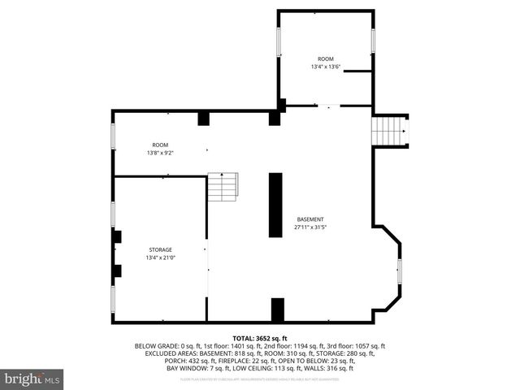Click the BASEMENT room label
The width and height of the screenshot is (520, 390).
click(310, 220)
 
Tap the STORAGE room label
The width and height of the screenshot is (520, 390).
click(160, 249)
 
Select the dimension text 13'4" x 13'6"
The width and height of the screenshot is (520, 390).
click(325, 67)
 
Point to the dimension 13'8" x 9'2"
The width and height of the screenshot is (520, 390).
click(160, 153)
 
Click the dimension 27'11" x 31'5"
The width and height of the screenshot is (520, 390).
click(310, 228)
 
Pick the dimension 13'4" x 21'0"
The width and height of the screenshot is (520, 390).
click(160, 258)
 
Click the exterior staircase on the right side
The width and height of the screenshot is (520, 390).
click(388, 129)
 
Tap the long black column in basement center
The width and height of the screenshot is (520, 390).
click(275, 205)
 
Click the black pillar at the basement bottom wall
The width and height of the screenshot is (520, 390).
click(278, 310)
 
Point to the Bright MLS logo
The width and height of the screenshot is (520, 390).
click(32, 378)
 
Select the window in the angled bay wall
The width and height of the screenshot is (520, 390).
click(399, 271)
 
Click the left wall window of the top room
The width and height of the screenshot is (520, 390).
click(279, 41)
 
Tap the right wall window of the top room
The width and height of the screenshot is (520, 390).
click(373, 41)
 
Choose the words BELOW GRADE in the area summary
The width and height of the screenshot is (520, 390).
click(154, 346)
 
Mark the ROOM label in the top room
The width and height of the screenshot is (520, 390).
click(325, 58)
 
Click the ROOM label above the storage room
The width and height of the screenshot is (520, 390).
click(160, 145)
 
